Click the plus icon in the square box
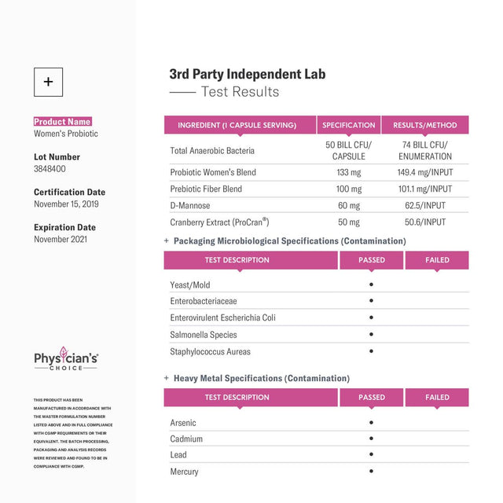tap(48, 82)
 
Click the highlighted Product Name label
tap(62, 122)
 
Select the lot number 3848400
tap(50, 169)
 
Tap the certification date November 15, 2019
tap(66, 204)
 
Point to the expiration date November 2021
tap(60, 239)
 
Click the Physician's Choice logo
tap(66, 361)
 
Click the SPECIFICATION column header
tap(348, 125)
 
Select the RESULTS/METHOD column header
tap(424, 125)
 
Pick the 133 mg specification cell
tap(348, 172)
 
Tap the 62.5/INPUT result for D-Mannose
tap(424, 206)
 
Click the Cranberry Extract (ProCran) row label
tap(219, 222)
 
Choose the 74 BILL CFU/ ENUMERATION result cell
tap(424, 150)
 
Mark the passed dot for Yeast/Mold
tap(371, 285)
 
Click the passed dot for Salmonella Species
tap(371, 335)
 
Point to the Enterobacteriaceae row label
tap(204, 301)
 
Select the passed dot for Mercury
tap(371, 472)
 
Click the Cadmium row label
tap(186, 439)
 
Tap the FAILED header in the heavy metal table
tap(437, 398)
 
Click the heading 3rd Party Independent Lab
tap(247, 75)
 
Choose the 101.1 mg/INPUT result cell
tap(424, 189)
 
